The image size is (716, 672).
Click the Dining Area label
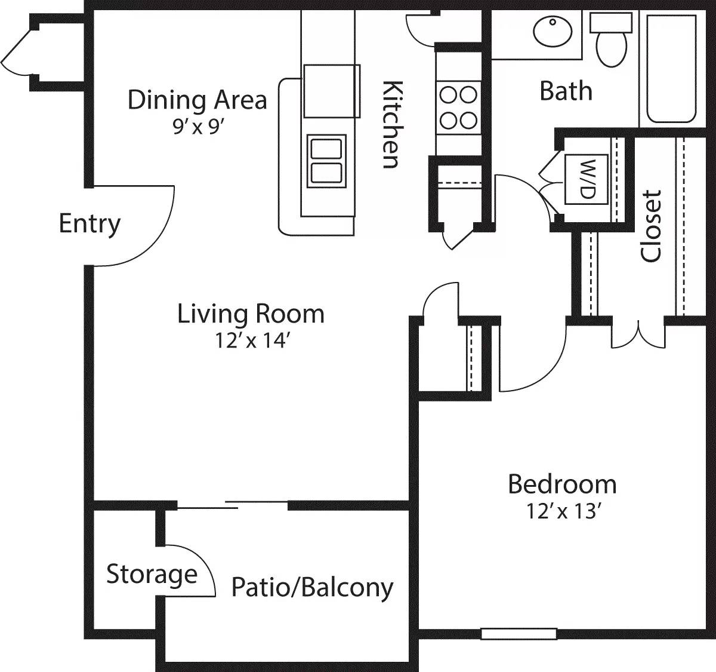(197, 100)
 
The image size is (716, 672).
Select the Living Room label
(251, 314)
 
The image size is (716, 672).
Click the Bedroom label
(562, 484)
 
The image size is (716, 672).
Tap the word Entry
(89, 223)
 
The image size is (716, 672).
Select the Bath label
(566, 91)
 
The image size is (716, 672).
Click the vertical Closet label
(651, 226)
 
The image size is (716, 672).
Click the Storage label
(152, 574)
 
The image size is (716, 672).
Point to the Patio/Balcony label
(312, 587)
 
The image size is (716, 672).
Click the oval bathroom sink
(553, 32)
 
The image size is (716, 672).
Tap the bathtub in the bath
(671, 69)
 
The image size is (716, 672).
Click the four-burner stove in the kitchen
(458, 108)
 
